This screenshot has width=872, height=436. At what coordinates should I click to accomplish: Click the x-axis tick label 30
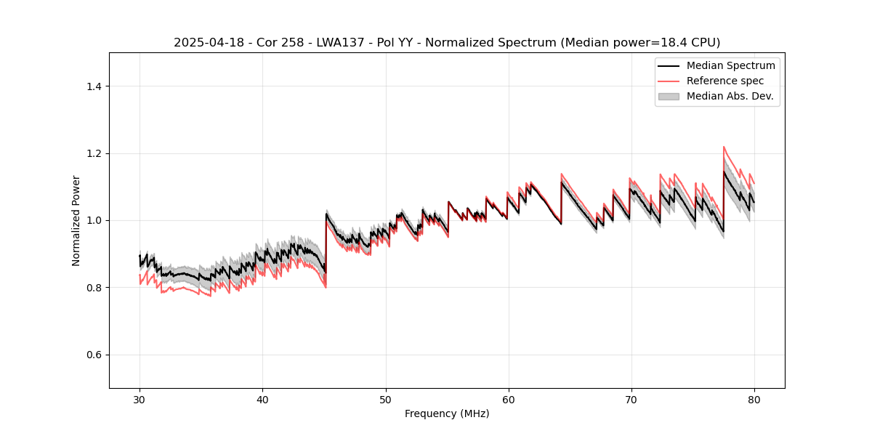(140, 399)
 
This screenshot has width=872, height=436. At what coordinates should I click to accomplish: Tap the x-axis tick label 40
(262, 399)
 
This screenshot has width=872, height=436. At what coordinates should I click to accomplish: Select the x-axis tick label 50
(385, 399)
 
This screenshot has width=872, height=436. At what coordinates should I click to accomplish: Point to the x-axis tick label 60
(508, 399)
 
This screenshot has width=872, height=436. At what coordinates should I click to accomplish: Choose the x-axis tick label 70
(631, 399)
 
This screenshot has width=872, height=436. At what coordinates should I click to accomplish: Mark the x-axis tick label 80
(754, 399)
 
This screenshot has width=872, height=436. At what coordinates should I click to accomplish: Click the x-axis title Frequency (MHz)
(447, 413)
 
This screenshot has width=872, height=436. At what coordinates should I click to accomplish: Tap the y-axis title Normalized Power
(76, 220)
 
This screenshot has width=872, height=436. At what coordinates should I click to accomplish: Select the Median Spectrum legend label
(730, 65)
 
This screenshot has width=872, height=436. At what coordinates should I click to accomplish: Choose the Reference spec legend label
(725, 81)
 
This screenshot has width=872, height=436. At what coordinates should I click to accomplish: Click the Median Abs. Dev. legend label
(730, 96)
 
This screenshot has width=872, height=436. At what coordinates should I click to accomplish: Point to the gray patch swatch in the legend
(669, 96)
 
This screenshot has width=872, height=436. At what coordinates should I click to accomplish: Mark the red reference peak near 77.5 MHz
(724, 147)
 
